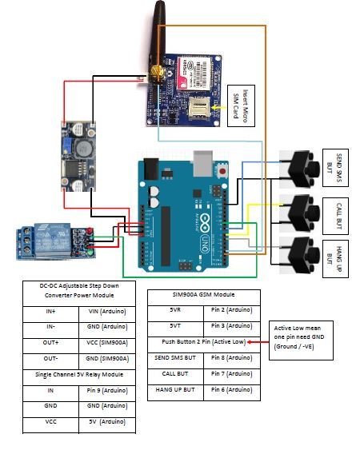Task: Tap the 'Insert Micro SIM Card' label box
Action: click(x=241, y=106)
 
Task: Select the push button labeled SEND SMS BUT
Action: click(x=302, y=167)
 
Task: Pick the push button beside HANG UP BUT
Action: click(x=302, y=253)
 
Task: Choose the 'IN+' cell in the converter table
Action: click(x=50, y=315)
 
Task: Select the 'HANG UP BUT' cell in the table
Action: click(x=176, y=392)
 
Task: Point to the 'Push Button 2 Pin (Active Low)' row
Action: click(x=203, y=341)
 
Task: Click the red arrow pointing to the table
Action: click(x=259, y=341)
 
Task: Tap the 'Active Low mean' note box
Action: click(x=301, y=340)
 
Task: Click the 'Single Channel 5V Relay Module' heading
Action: click(x=78, y=375)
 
